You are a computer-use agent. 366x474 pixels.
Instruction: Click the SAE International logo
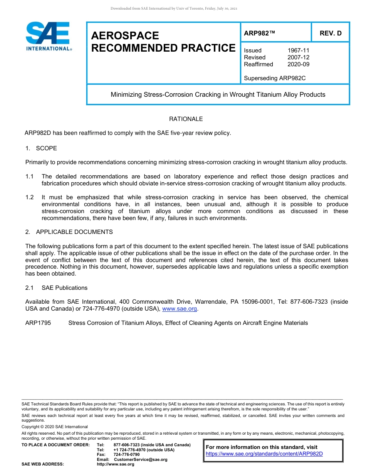tap(48, 36)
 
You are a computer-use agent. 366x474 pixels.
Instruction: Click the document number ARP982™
tap(259, 33)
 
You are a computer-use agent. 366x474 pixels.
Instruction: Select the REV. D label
tap(330, 33)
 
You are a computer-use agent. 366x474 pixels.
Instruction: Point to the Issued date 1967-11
tap(298, 50)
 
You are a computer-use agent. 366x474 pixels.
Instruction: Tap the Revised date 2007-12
tap(298, 57)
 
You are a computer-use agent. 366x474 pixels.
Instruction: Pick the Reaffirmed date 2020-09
tap(298, 64)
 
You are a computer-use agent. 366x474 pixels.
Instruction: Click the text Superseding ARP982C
tap(274, 78)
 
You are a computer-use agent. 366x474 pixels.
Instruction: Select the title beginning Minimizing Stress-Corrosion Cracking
tap(218, 94)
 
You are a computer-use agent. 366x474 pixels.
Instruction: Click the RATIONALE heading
tap(186, 119)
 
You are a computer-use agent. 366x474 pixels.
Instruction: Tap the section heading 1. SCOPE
tap(41, 148)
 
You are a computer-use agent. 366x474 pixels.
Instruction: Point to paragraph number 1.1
tap(30, 176)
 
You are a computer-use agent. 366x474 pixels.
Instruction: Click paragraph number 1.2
tap(30, 197)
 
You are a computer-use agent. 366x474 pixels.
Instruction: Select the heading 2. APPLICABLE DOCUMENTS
tap(69, 232)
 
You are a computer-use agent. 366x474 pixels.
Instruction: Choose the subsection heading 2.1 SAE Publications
tap(56, 288)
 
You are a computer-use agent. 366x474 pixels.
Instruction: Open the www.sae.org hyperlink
tap(180, 309)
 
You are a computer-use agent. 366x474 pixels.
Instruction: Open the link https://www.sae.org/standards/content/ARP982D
tap(264, 454)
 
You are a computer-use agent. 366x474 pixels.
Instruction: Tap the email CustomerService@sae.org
tap(141, 459)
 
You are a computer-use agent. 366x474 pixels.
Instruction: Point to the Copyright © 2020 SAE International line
tap(55, 427)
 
